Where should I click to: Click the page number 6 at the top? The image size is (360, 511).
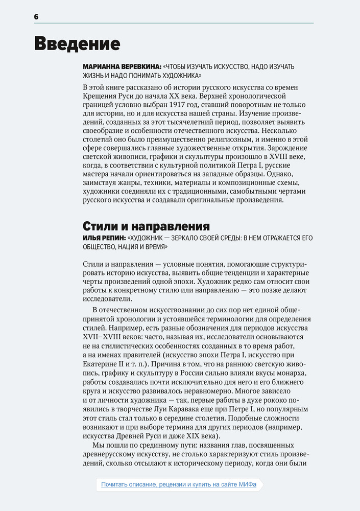[x=36, y=17]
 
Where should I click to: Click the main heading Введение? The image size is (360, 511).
[x=77, y=44]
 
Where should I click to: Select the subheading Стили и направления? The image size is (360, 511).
[x=146, y=226]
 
